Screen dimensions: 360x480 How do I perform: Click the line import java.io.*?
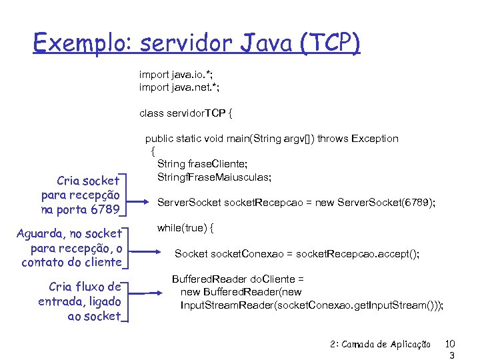pyautogui.click(x=179, y=74)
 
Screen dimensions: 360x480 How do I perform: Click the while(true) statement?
pyautogui.click(x=185, y=228)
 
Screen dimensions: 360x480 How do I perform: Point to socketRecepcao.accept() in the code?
pyautogui.click(x=357, y=253)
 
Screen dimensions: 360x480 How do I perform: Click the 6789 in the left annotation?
pyautogui.click(x=106, y=211)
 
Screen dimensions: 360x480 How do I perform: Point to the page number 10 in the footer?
pyautogui.click(x=450, y=344)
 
